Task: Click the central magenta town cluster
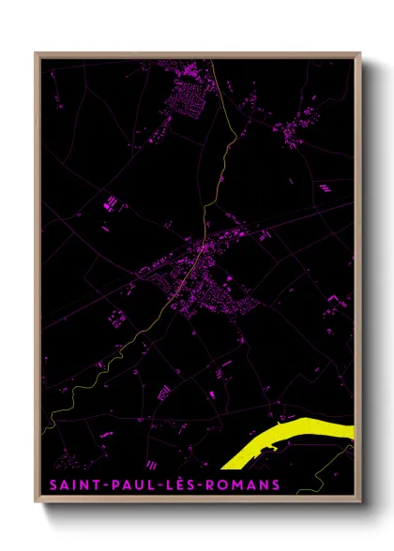tap(202, 281)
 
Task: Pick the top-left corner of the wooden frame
tap(37, 53)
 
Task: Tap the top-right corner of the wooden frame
tap(359, 53)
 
